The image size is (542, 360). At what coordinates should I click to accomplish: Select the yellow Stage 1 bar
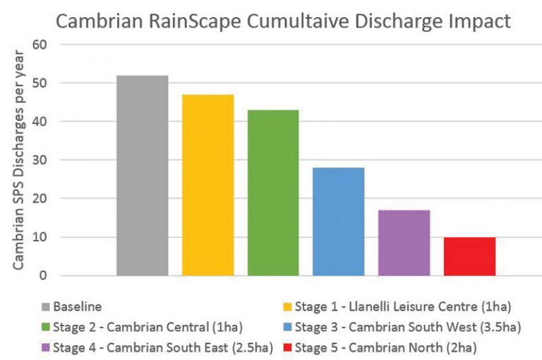point(207,185)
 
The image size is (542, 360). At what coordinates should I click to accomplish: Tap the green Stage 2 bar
point(273,193)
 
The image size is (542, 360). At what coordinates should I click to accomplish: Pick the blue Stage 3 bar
point(339,222)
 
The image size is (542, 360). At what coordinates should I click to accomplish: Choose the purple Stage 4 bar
point(404,243)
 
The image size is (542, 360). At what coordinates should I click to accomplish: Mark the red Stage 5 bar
point(469,256)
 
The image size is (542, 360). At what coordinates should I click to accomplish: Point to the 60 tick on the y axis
point(43,44)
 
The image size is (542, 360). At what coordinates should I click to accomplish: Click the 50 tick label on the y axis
point(43,83)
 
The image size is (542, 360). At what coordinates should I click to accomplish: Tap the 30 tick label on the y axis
point(43,160)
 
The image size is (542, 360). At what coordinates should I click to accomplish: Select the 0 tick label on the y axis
point(47,276)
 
